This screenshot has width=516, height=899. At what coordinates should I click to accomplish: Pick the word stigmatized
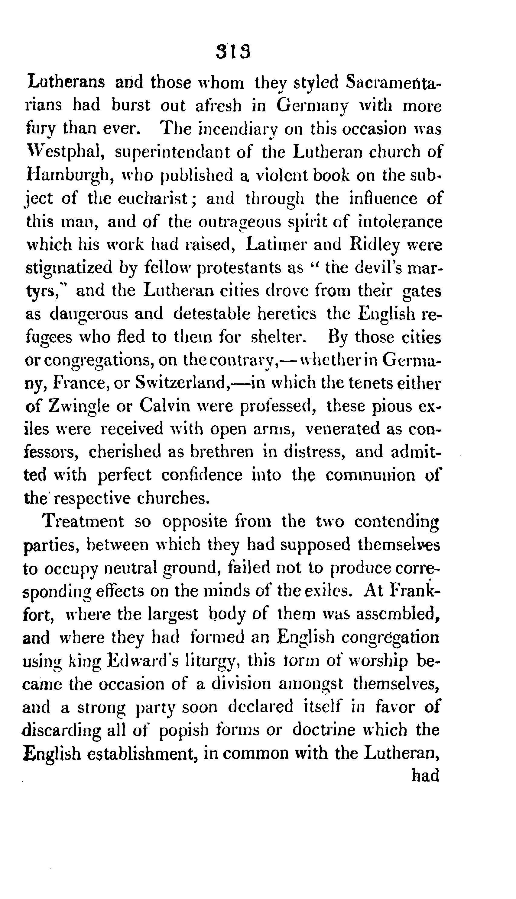[69, 268]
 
